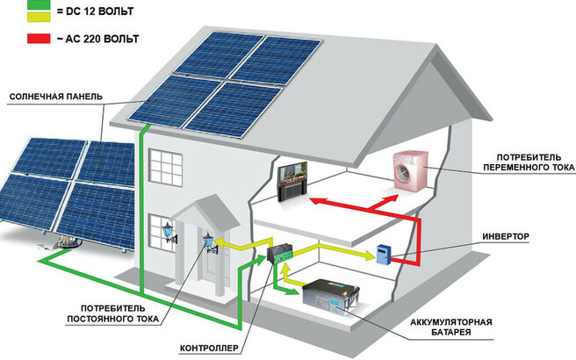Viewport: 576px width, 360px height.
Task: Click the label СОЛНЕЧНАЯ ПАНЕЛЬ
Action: click(x=54, y=96)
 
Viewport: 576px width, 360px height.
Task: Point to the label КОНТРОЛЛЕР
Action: click(x=209, y=349)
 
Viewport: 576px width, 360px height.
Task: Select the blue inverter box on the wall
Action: click(x=383, y=254)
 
